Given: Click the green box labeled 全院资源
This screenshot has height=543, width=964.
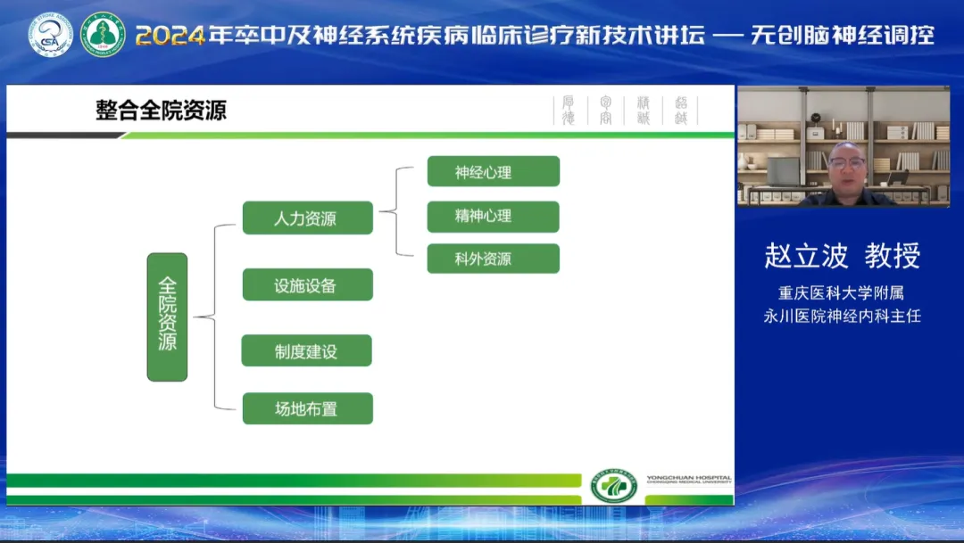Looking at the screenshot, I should [x=167, y=317].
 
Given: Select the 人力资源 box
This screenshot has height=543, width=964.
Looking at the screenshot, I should [x=307, y=218].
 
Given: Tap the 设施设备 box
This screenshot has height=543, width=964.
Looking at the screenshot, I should [x=307, y=285].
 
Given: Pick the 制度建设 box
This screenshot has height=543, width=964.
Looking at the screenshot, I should [x=306, y=351].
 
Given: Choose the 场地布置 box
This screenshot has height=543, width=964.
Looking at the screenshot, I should [x=307, y=408].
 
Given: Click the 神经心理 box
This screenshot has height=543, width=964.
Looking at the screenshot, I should [x=493, y=171].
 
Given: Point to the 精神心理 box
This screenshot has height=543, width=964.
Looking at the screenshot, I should [x=493, y=216].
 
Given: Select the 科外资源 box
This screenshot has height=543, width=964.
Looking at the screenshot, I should [x=493, y=259].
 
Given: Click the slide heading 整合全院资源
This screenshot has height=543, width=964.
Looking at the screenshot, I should [x=161, y=110].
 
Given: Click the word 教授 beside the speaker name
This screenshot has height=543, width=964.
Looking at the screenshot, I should [x=892, y=256].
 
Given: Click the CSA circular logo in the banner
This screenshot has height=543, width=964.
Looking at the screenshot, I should [x=51, y=34].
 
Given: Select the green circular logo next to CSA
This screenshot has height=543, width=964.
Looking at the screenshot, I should [x=103, y=34].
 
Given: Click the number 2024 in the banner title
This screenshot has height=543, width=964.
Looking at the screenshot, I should [x=170, y=36].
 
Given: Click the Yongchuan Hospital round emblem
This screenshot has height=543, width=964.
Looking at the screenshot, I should [x=613, y=487].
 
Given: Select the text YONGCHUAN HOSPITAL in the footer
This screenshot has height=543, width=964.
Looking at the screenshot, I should [x=686, y=479].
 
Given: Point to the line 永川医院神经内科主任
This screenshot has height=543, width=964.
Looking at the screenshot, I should [x=841, y=316].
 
